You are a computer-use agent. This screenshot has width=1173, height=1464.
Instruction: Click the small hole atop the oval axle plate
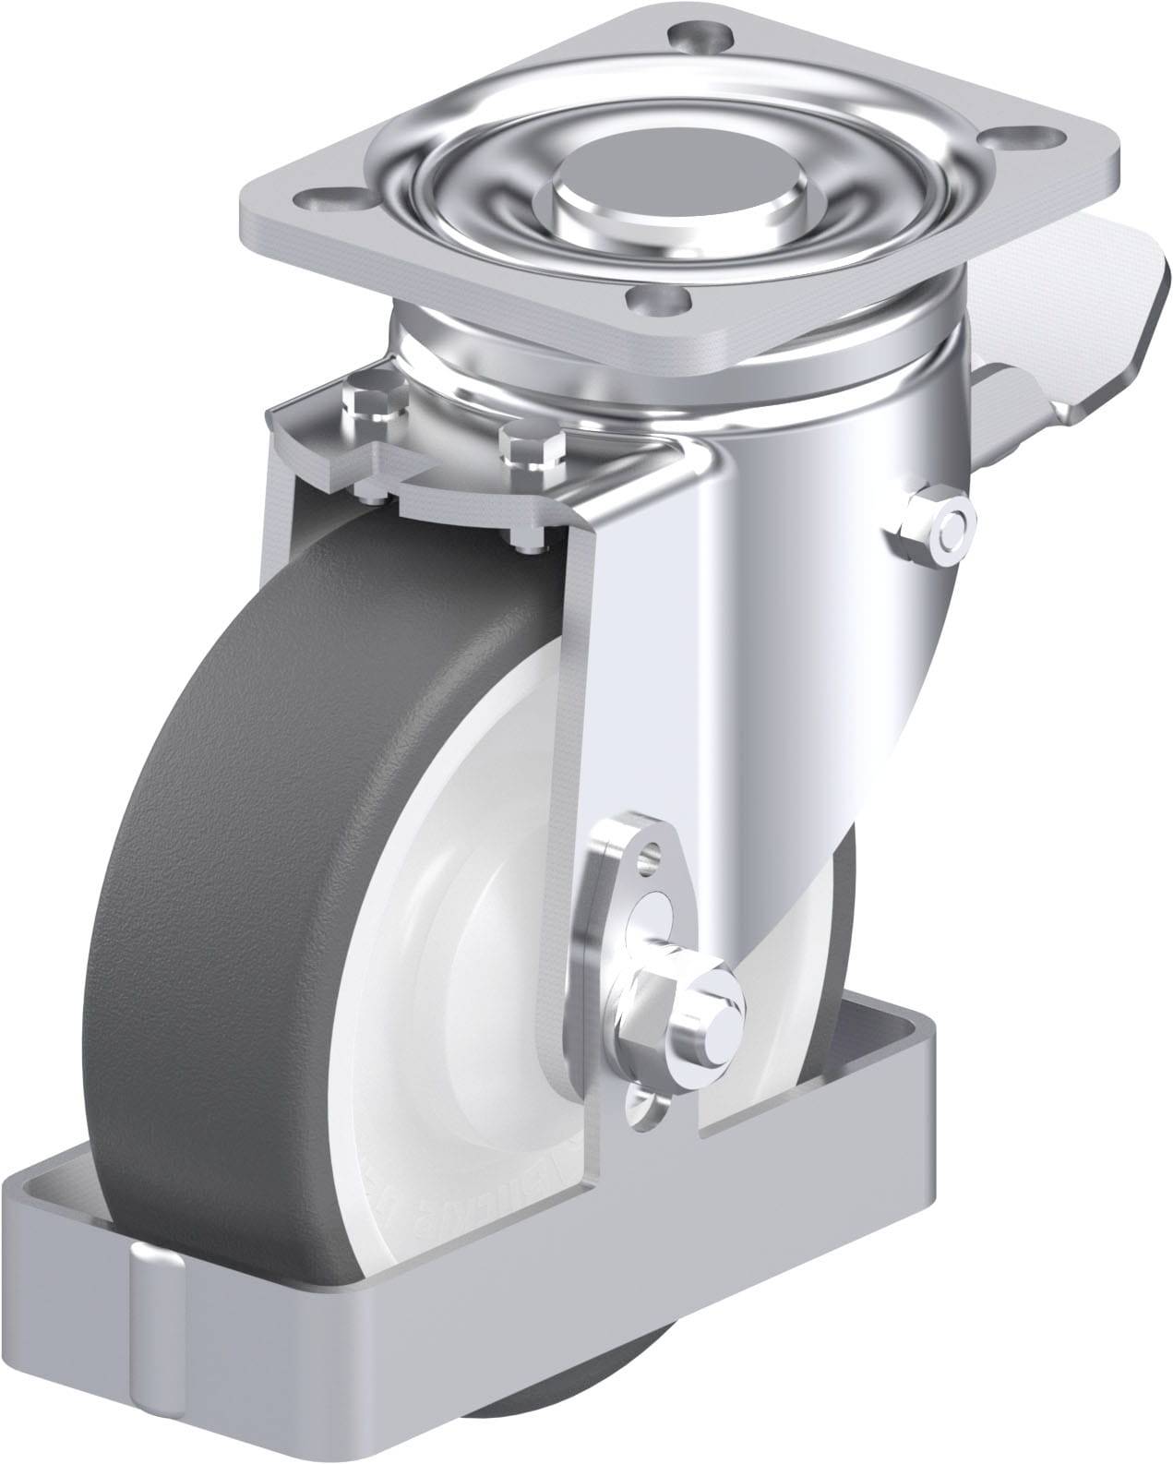652,851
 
